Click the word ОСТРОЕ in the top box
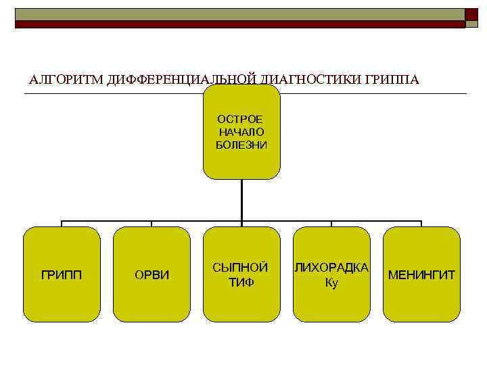coord(241,119)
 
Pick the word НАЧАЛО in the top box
coord(241,132)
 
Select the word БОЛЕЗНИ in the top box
coord(241,145)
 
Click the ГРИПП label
coord(62,275)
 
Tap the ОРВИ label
coord(152,275)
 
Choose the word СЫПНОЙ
coord(241,268)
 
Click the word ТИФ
coord(241,282)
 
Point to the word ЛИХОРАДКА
coord(331,268)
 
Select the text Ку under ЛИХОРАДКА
coord(331,282)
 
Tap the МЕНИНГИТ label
coord(421,275)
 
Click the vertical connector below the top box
coord(241,199)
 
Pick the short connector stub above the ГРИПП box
coord(62,224)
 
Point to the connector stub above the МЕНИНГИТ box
coord(421,224)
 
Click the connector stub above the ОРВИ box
coord(152,224)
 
